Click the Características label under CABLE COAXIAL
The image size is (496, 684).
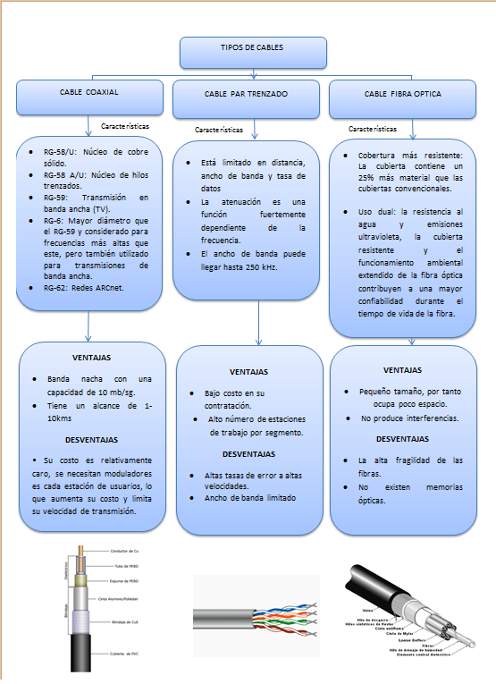tap(125, 127)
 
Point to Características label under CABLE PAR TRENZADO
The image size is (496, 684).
tap(219, 130)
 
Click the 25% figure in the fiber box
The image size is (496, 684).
tap(366, 177)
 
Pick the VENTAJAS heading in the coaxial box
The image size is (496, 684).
tap(91, 356)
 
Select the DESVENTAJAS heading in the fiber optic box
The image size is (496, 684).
tap(402, 439)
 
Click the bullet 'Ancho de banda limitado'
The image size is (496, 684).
tap(250, 498)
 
